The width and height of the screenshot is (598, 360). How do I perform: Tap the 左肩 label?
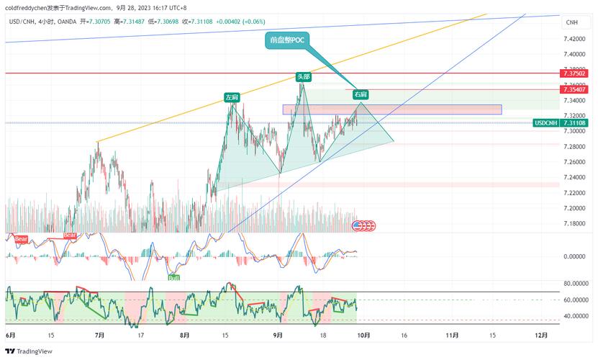tap(231, 96)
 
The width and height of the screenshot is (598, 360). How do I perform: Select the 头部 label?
tap(303, 76)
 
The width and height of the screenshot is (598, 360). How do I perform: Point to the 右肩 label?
tap(361, 94)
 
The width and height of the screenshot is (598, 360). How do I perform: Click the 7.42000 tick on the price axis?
tap(574, 38)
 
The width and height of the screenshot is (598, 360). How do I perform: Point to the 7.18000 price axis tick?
tap(574, 224)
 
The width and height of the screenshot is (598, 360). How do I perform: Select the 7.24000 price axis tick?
tap(574, 177)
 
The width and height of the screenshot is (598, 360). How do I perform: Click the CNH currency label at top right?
tap(572, 23)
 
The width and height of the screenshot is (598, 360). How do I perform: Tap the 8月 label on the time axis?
tap(185, 336)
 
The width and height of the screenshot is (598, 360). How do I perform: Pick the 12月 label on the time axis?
tap(541, 336)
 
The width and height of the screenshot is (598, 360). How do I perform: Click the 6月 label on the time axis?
tap(10, 336)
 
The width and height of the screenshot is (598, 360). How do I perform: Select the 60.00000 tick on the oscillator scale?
tap(576, 300)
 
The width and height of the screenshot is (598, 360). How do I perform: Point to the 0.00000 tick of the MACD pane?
tap(576, 256)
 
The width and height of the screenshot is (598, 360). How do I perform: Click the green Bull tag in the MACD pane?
tap(173, 276)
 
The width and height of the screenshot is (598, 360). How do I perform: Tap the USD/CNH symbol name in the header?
tap(22, 21)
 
